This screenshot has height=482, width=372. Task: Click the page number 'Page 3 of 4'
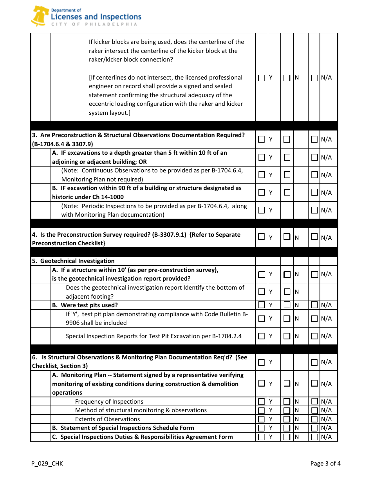coord(325,464)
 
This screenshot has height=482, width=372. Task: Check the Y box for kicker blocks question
coord(262,78)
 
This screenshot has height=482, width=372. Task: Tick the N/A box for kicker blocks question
coord(314,78)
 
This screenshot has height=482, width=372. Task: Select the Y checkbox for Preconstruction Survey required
coord(262,237)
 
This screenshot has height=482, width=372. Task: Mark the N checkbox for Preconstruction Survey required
coord(287,237)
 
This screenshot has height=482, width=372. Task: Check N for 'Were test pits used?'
coord(287,305)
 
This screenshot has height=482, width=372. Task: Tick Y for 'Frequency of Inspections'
coord(262,402)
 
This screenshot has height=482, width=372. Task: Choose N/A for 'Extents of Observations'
coord(314,419)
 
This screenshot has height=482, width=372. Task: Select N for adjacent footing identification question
coord(287,292)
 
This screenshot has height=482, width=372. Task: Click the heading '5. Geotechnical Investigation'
coord(74,261)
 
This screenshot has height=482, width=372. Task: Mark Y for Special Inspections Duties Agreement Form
coord(262,437)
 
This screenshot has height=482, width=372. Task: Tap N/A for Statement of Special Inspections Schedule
coord(314,428)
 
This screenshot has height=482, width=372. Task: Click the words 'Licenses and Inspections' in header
coord(96,17)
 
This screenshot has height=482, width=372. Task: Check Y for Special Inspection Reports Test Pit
coord(262,336)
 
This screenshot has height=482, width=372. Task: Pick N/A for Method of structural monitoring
coord(314,410)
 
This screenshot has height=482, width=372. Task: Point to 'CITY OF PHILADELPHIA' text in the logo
coord(94,24)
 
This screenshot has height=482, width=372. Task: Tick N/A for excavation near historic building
coord(314,192)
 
